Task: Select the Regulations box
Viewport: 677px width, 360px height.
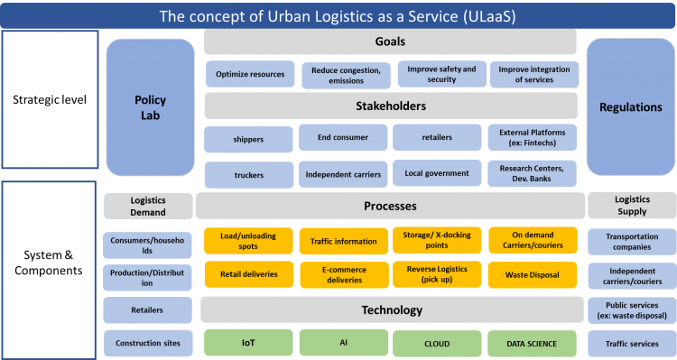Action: [x=630, y=106]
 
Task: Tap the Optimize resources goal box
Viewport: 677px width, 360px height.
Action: [x=249, y=74]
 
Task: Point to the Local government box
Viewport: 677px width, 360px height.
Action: [x=437, y=173]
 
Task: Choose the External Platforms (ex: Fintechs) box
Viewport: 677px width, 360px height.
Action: [x=533, y=138]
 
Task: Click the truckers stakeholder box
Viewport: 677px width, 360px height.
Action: [x=249, y=173]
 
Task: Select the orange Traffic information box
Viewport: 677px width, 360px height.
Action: [x=343, y=241]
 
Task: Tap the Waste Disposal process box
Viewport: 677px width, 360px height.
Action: [x=533, y=274]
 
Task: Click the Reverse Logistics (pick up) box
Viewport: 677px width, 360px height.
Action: [x=437, y=274]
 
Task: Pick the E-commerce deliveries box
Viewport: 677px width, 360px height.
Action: [x=343, y=274]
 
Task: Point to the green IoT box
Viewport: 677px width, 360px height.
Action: [x=247, y=343]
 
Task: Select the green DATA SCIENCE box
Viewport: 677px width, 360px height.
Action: [x=533, y=343]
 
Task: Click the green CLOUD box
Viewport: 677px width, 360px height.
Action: [x=437, y=343]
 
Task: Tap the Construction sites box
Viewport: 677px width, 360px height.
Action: [x=147, y=343]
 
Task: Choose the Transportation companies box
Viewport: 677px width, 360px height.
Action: [x=631, y=241]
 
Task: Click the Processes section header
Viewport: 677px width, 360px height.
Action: [x=390, y=206]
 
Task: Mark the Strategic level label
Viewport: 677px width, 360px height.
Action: [x=50, y=99]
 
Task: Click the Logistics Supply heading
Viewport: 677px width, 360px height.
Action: [x=631, y=206]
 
